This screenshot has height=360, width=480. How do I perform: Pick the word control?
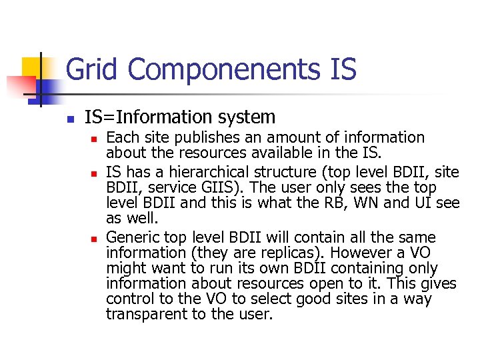point(129,299)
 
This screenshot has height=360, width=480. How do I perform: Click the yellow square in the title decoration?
point(31,67)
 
